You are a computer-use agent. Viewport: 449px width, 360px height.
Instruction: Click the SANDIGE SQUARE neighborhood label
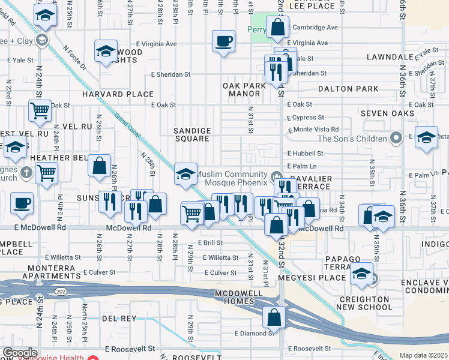click(x=192, y=134)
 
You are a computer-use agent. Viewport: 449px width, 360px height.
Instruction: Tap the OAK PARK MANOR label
click(x=244, y=90)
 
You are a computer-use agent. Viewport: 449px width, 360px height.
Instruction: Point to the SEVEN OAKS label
click(x=387, y=113)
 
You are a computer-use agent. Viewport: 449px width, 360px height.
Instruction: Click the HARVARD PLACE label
click(x=118, y=95)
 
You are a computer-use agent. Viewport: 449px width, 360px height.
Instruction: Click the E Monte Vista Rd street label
click(x=314, y=130)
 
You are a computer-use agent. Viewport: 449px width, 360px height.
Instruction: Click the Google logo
click(x=20, y=352)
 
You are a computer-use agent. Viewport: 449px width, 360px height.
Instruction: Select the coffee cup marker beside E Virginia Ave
click(x=223, y=41)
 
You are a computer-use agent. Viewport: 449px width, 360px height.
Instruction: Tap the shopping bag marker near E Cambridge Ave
click(x=277, y=27)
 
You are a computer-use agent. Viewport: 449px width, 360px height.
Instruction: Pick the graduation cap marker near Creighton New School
click(x=361, y=274)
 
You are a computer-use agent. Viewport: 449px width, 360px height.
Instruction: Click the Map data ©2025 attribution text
click(x=423, y=355)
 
